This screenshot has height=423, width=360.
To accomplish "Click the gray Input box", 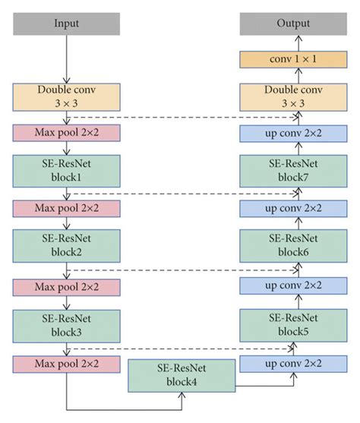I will [x=66, y=24].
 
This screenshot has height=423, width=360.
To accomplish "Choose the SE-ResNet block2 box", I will [x=66, y=246].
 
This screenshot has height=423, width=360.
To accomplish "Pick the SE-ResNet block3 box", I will [x=66, y=323].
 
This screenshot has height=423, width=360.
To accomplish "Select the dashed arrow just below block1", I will [x=182, y=194].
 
